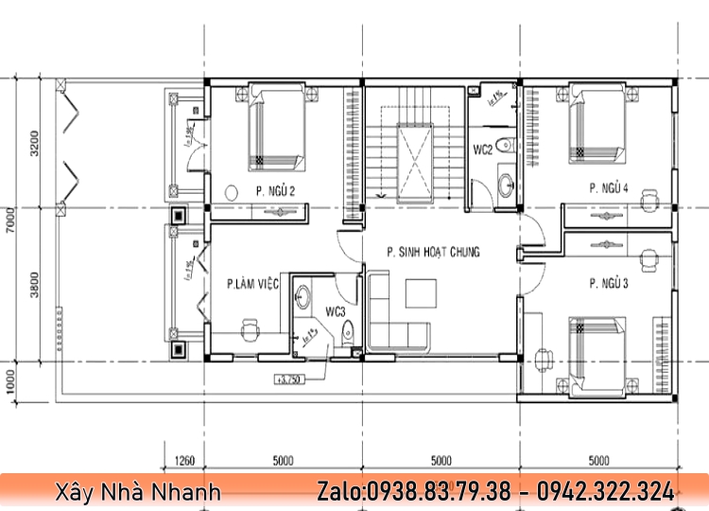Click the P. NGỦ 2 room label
coord(275,192)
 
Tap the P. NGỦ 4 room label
coord(608,187)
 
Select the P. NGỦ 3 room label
coord(609,283)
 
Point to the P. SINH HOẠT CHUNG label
coord(433,252)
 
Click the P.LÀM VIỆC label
coord(252,283)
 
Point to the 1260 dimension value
coord(185,462)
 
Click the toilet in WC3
coord(348,331)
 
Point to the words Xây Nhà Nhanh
coord(138,492)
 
